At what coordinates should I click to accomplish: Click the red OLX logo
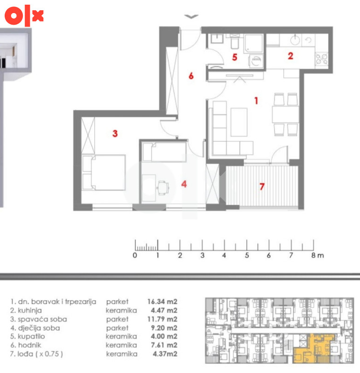click(x=24, y=15)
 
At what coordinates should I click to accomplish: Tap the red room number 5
click(x=235, y=57)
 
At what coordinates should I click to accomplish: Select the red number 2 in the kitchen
click(x=291, y=56)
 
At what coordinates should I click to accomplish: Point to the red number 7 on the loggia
click(x=262, y=186)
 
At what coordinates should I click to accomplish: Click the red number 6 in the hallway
click(x=191, y=76)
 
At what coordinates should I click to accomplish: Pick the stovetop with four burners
click(x=321, y=59)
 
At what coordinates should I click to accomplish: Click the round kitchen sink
click(x=295, y=40)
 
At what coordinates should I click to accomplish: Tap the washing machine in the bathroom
click(x=256, y=61)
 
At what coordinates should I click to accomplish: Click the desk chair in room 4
click(x=163, y=188)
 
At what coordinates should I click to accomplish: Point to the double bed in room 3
click(x=103, y=173)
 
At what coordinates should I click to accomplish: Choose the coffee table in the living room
click(x=239, y=122)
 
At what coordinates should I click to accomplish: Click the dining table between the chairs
click(x=285, y=114)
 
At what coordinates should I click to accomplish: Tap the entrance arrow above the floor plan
click(x=191, y=16)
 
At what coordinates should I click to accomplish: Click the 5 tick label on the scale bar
click(x=247, y=256)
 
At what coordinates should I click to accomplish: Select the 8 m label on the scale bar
click(x=318, y=256)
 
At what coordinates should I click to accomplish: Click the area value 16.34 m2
click(x=162, y=302)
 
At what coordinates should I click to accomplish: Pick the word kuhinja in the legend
click(x=29, y=311)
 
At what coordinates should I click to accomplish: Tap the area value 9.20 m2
click(x=164, y=328)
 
